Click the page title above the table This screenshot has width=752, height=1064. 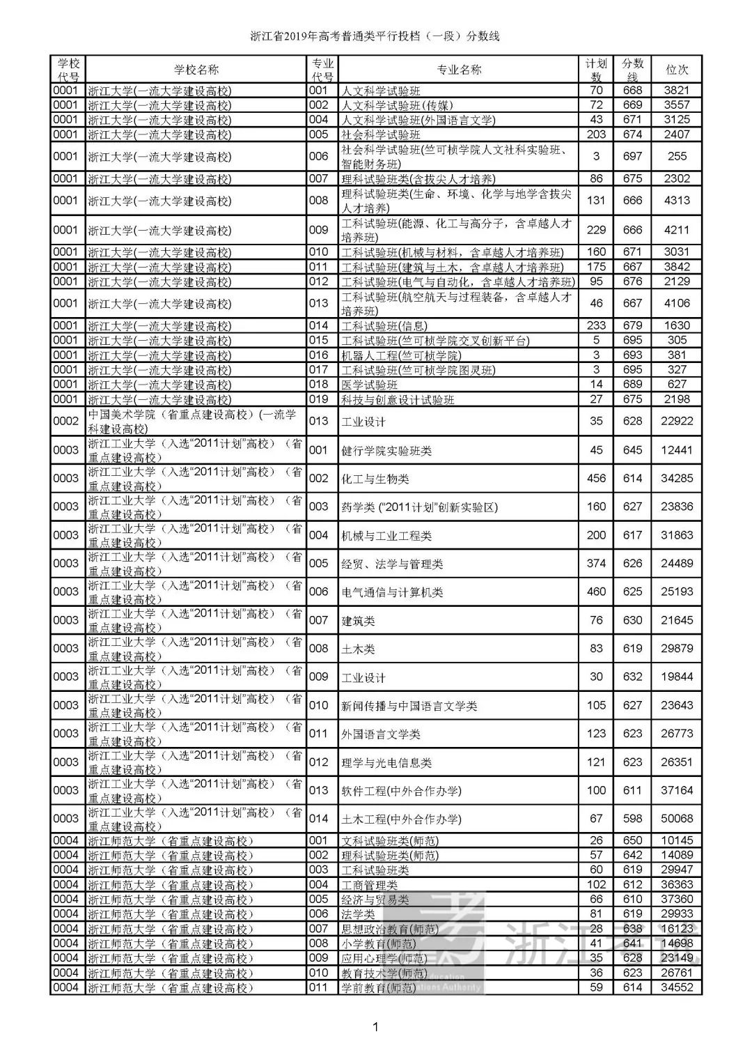[x=375, y=36]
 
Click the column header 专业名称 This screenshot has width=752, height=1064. [x=458, y=70]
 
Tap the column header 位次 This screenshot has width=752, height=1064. [x=677, y=70]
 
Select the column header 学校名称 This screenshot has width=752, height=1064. [x=196, y=70]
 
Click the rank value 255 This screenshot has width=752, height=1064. [x=677, y=157]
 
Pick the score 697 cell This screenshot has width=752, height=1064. [x=632, y=157]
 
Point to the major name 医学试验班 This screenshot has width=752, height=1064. [x=369, y=385]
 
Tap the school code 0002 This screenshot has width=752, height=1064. [x=66, y=421]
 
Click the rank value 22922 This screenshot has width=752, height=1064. [x=677, y=421]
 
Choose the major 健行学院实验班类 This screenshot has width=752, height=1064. [x=386, y=451]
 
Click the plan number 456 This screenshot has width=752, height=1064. [x=596, y=479]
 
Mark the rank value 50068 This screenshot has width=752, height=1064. [x=677, y=819]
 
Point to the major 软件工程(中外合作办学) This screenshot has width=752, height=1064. [x=401, y=791]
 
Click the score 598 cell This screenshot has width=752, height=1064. [x=632, y=819]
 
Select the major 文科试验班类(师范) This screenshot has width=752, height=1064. [x=390, y=841]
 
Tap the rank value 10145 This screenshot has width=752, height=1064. [x=677, y=841]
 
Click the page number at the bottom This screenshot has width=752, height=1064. [x=375, y=1026]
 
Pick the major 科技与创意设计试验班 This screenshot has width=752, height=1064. [x=398, y=400]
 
